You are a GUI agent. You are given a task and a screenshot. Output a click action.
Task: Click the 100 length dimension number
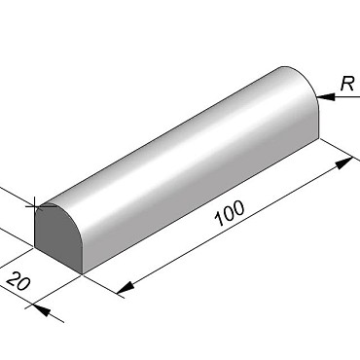[230, 213]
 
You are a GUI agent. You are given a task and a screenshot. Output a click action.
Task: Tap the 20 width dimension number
[18, 281]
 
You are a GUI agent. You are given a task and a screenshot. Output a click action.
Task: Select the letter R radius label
[347, 84]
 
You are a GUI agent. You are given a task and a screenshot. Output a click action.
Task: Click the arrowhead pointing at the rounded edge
[326, 96]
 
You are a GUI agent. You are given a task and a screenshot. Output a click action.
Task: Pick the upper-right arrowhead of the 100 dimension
[344, 163]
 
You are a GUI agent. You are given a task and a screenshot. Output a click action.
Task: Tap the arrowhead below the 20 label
[42, 310]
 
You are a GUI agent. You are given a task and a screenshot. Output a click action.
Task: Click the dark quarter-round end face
[55, 236]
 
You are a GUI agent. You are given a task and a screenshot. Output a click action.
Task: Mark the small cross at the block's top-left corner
[35, 205]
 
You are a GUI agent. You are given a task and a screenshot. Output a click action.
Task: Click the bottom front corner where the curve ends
[83, 274]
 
